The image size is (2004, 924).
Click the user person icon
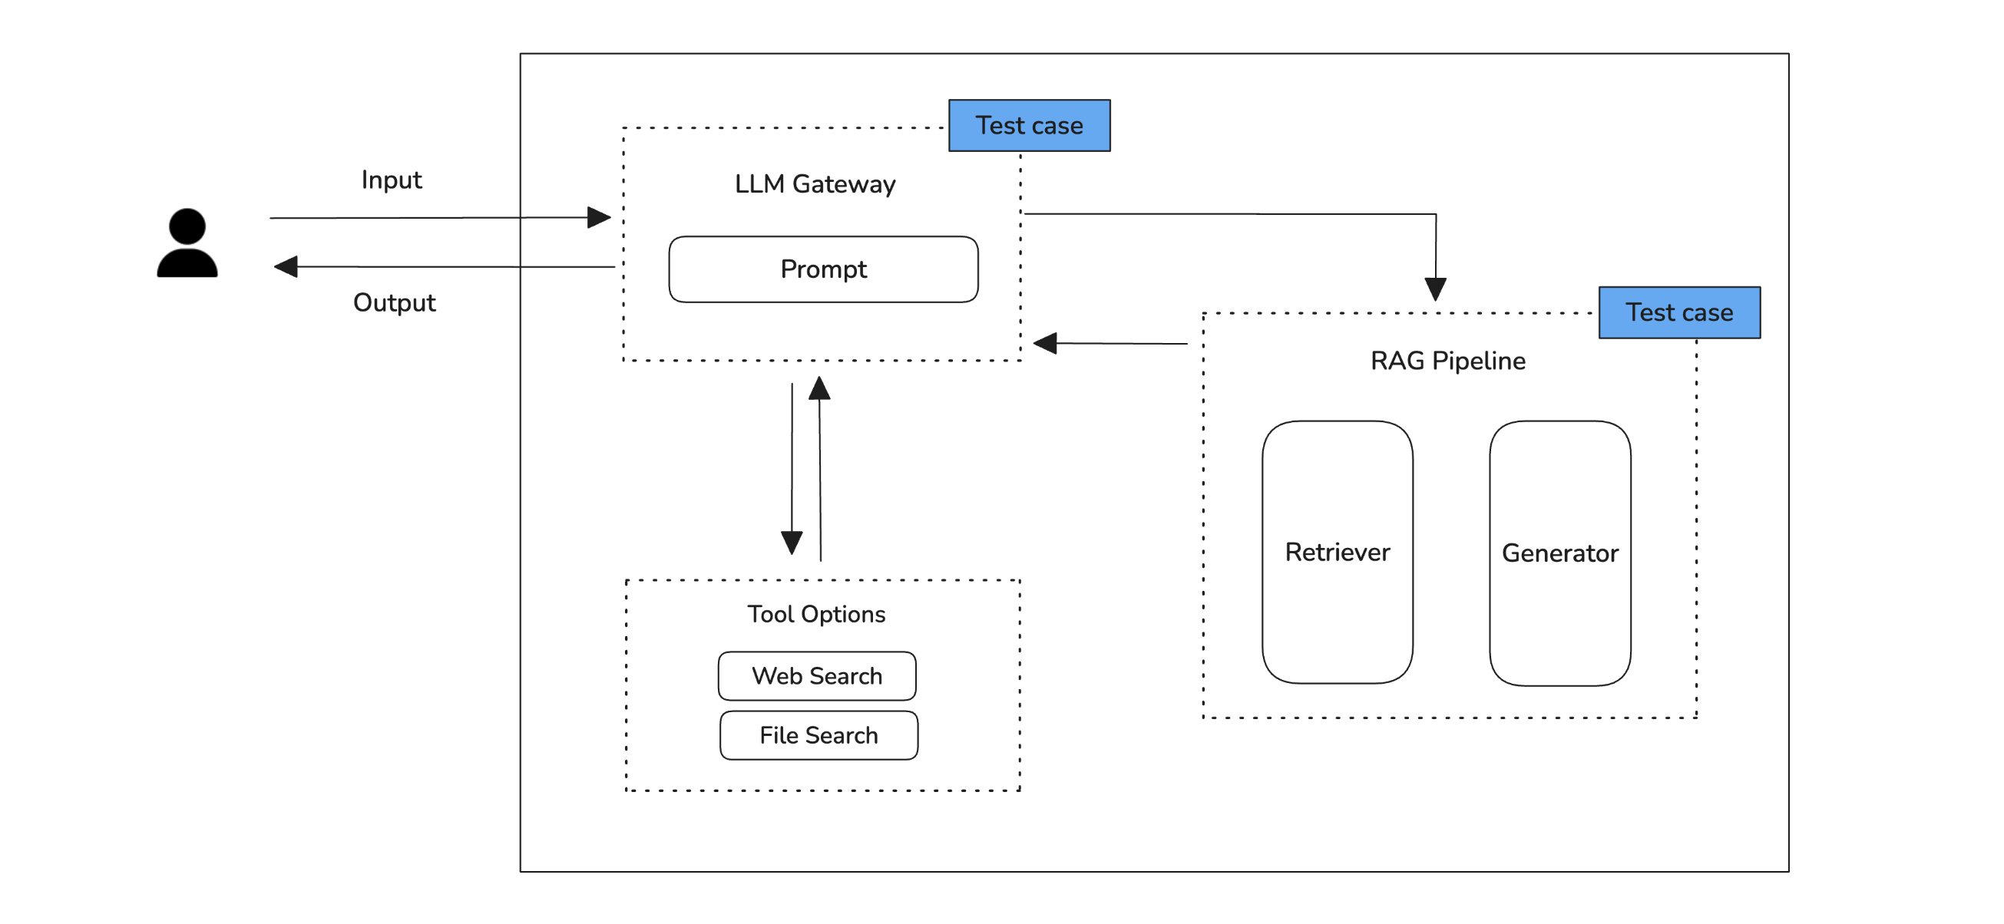point(187,243)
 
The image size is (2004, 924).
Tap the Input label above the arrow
point(392,180)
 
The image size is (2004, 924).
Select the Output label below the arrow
point(394,302)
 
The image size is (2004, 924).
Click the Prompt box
point(823,269)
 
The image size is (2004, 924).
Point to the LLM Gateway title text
point(815,184)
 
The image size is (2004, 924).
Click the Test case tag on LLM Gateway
point(1028,125)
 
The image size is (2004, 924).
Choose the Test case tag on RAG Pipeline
point(1678,312)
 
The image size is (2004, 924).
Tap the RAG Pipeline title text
point(1447,361)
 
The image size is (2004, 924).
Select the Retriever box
point(1337,553)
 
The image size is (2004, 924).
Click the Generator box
point(1559,553)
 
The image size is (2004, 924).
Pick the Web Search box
point(817,676)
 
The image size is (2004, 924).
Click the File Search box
point(818,735)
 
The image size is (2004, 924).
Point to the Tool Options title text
point(816,615)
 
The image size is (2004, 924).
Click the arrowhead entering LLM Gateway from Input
point(599,217)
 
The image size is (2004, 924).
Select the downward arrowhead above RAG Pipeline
point(1435,289)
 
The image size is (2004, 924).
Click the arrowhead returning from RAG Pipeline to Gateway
point(1045,342)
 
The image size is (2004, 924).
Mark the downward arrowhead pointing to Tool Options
point(791,542)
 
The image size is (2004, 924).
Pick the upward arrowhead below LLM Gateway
point(819,388)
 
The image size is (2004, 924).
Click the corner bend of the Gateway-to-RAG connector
point(1435,214)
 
